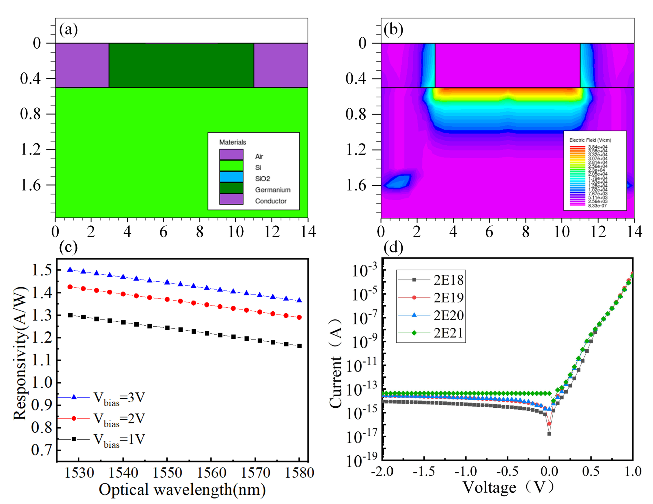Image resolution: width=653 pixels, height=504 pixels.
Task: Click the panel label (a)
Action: (68, 30)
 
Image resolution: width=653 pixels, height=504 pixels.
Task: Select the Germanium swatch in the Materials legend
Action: (231, 188)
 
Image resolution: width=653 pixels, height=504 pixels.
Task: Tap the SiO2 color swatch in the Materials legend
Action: (231, 177)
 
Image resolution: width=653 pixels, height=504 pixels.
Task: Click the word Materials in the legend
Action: (233, 142)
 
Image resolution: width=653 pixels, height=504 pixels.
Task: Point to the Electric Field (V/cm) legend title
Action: (590, 140)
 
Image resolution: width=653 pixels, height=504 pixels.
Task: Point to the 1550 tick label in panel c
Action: (167, 473)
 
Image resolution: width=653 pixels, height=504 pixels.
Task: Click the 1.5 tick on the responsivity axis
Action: (42, 270)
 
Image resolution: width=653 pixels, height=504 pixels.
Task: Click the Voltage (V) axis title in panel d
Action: (508, 487)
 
